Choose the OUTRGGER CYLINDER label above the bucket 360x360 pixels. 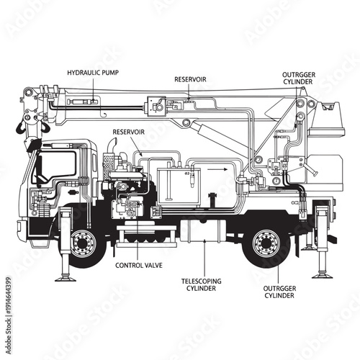[298, 78]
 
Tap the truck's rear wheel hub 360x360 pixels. [267, 243]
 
